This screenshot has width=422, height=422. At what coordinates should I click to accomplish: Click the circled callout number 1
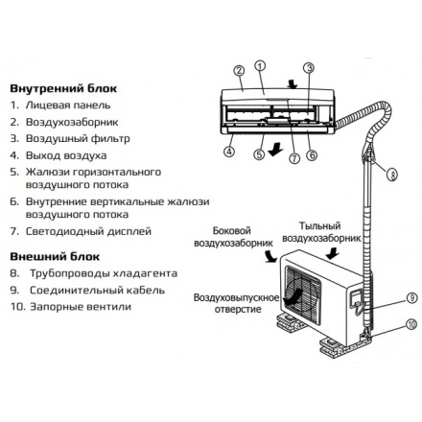tap(260, 66)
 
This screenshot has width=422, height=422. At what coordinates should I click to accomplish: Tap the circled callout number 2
tap(239, 71)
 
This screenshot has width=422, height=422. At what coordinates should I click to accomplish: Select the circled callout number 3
tap(309, 68)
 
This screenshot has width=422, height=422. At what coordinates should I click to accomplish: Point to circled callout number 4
tap(229, 151)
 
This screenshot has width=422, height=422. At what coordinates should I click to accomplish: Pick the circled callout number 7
tap(294, 158)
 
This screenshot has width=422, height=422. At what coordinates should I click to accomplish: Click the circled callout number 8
tap(392, 175)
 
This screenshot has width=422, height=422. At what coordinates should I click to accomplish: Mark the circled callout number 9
tap(412, 298)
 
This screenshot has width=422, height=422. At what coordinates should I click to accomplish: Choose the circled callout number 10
tap(411, 324)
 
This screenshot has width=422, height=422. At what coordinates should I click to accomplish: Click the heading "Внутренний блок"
tap(63, 88)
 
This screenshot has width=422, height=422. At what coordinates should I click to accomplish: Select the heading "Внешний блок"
tap(55, 256)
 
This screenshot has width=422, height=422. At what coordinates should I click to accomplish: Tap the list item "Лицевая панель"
tap(68, 105)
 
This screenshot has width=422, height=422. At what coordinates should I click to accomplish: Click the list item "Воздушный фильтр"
tap(78, 139)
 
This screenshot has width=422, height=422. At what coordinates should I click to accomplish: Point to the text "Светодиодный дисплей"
tap(88, 231)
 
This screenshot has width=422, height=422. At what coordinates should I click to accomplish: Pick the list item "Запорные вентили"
tap(81, 307)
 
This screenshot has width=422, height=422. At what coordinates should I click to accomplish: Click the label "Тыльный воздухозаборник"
tap(321, 232)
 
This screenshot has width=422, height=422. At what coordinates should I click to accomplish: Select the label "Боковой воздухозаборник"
tap(233, 237)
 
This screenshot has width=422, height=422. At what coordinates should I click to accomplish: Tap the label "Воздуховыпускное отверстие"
tap(236, 303)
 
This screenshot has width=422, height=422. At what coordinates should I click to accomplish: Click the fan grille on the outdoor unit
tap(303, 294)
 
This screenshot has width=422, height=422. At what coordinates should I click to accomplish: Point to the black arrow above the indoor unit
tap(293, 83)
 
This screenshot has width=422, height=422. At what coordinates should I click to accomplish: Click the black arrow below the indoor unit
tap(275, 150)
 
